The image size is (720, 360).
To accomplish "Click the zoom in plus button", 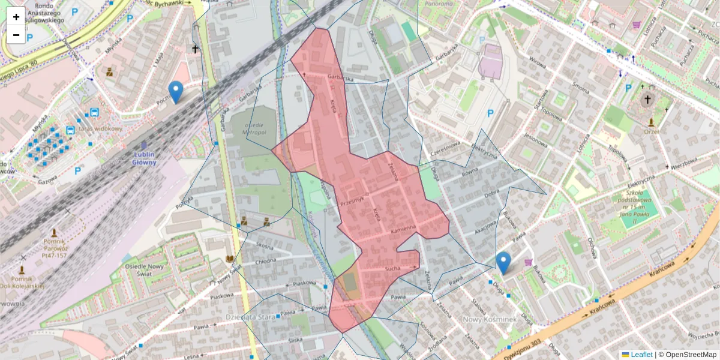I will [16, 17].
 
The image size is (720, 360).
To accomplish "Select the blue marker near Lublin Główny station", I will [176, 92].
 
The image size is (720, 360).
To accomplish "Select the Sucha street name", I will [393, 269].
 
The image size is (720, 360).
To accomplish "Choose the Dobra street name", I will [492, 193].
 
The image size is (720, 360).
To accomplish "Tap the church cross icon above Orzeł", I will [647, 100].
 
